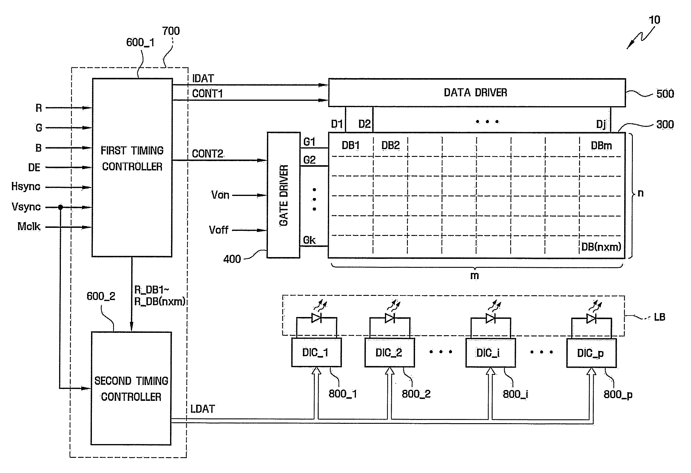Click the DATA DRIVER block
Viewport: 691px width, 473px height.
[477, 93]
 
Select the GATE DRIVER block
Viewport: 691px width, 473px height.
[283, 195]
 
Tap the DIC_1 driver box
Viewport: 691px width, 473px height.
[316, 352]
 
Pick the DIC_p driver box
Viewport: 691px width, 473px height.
[591, 353]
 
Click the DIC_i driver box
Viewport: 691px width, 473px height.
[491, 353]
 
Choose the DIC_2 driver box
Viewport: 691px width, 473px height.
[389, 353]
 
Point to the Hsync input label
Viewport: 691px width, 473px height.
[26, 187]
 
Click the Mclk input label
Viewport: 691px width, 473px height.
[29, 227]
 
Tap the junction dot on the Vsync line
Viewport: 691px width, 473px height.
[60, 207]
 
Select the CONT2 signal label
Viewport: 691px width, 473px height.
[207, 154]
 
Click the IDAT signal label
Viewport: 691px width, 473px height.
[203, 79]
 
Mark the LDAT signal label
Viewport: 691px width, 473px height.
[203, 409]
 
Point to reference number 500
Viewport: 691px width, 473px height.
[665, 94]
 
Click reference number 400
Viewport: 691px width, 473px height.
[232, 259]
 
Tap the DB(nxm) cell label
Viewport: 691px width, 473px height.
[601, 247]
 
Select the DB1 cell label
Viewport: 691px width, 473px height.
[351, 146]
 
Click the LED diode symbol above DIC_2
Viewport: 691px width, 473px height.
[390, 318]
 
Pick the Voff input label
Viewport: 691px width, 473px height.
[218, 230]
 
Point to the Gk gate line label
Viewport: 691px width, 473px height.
[309, 240]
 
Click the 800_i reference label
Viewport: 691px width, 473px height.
[515, 394]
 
